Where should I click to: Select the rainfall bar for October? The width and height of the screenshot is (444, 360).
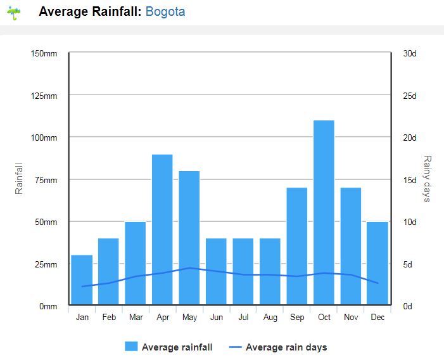click(x=324, y=212)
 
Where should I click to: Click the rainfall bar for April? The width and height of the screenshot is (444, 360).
click(x=162, y=229)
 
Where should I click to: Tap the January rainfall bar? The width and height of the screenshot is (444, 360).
click(x=82, y=280)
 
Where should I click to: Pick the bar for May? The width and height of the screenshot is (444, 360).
click(x=189, y=238)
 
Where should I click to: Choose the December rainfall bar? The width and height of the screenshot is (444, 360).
click(x=377, y=263)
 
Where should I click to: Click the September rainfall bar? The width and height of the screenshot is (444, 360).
click(x=297, y=246)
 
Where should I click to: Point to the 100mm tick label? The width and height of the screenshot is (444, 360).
click(x=44, y=138)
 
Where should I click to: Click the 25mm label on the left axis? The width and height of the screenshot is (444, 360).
click(x=46, y=264)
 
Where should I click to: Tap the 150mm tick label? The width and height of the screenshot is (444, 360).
click(x=44, y=53)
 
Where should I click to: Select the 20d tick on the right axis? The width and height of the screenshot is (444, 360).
click(x=410, y=138)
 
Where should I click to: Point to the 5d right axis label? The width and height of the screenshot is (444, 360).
click(x=408, y=264)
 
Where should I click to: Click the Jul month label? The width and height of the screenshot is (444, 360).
click(x=243, y=317)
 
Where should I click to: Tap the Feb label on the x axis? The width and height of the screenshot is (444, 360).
click(x=109, y=317)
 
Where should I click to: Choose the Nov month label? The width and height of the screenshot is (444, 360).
click(x=351, y=317)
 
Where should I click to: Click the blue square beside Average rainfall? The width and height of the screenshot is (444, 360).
click(x=131, y=347)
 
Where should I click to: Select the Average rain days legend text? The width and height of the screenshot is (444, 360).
click(x=286, y=347)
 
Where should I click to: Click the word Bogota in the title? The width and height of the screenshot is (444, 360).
click(x=165, y=11)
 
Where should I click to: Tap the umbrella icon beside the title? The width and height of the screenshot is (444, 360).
click(x=14, y=13)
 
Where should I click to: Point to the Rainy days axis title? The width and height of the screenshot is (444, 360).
click(x=427, y=179)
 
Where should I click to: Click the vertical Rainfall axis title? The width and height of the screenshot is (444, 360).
click(x=19, y=179)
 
